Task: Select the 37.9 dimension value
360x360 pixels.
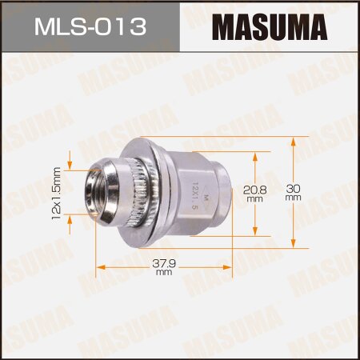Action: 164,263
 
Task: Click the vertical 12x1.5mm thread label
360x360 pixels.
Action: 57,193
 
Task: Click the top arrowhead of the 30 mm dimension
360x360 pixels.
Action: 294,140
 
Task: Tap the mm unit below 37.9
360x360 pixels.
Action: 164,274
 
